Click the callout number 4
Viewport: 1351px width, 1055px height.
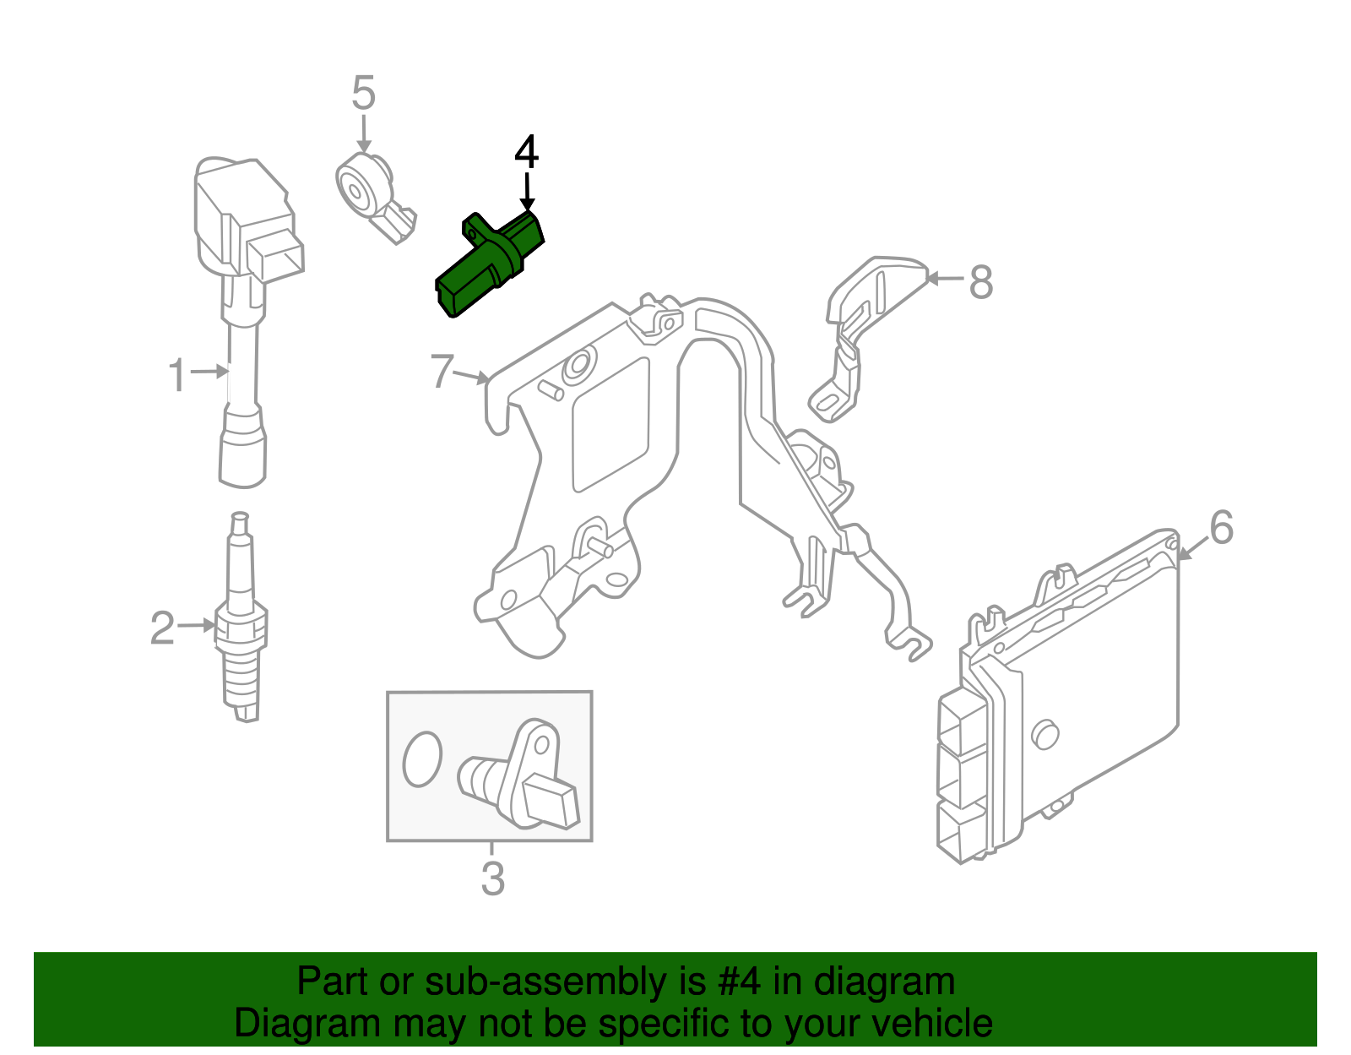click(526, 152)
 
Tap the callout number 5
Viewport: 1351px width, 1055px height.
click(363, 93)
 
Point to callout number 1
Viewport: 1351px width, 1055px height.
click(176, 375)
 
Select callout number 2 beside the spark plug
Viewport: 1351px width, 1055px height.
click(162, 628)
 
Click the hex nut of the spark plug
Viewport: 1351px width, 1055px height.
click(242, 627)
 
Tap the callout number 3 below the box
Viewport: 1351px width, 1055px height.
click(492, 878)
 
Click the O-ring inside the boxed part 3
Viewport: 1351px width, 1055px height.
click(422, 758)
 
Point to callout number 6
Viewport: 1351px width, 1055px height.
click(1221, 528)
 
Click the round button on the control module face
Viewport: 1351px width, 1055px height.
click(1045, 734)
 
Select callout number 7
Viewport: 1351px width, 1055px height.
click(442, 372)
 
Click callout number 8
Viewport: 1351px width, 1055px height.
click(980, 281)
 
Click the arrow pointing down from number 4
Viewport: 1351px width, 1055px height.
click(527, 191)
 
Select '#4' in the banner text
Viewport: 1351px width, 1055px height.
click(739, 982)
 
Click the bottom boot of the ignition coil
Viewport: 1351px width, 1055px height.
click(243, 452)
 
